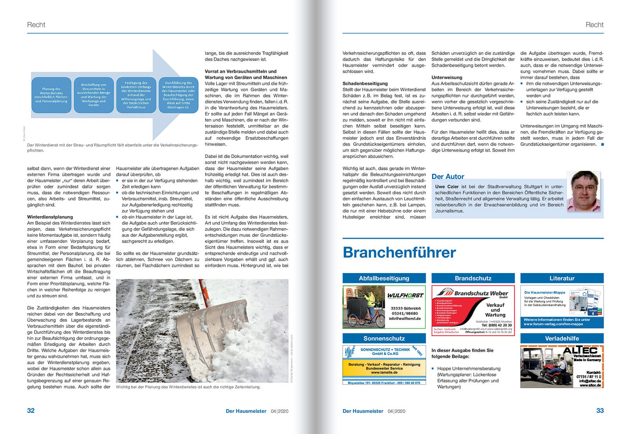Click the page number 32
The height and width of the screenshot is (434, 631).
click(x=31, y=411)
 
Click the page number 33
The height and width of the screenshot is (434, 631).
click(x=600, y=411)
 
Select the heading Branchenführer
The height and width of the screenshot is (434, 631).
click(x=399, y=252)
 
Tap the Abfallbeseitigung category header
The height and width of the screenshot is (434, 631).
click(x=384, y=278)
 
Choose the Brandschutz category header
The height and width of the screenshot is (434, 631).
click(x=473, y=278)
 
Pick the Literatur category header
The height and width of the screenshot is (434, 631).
click(x=562, y=278)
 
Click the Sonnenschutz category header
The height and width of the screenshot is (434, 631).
click(x=384, y=339)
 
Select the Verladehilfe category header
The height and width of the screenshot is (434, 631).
click(x=562, y=339)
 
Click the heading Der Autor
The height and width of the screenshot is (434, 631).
click(x=448, y=176)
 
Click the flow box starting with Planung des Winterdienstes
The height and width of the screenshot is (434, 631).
click(x=51, y=95)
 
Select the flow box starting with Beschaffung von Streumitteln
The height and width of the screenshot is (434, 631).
click(x=94, y=95)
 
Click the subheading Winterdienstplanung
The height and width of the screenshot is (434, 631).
click(x=50, y=217)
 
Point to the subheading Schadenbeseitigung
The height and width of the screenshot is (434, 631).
click(x=365, y=83)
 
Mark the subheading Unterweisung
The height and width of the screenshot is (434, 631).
click(x=447, y=77)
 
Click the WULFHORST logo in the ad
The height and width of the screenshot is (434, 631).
click(x=405, y=295)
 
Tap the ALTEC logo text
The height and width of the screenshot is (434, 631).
click(x=580, y=351)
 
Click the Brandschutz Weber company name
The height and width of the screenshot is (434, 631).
click(x=481, y=293)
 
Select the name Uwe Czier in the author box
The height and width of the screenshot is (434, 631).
click(x=447, y=187)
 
